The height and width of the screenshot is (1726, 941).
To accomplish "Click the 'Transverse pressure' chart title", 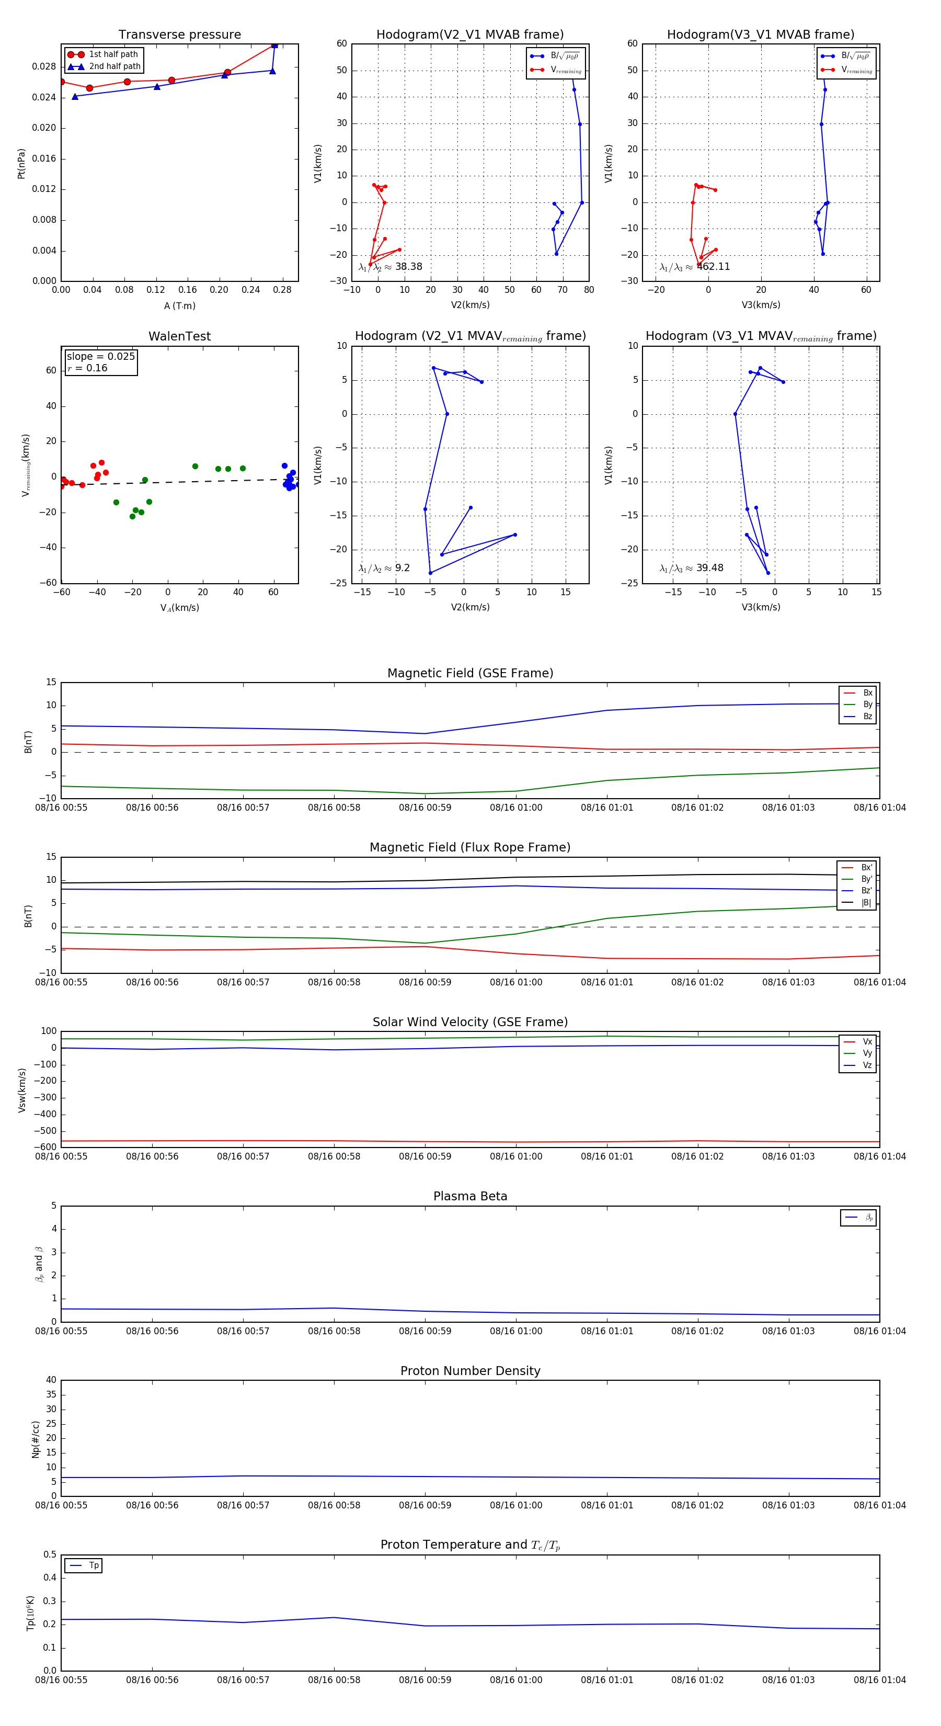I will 179,35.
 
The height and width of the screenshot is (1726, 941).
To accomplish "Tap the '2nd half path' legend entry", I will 114,66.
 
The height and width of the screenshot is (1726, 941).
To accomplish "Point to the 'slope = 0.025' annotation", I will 100,357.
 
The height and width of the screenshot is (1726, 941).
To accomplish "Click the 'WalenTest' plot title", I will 179,336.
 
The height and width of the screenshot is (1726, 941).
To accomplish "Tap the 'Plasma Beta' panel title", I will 470,1196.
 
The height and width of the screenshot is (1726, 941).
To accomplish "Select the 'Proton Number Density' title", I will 470,1371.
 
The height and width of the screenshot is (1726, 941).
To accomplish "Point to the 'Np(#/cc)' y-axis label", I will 36,1439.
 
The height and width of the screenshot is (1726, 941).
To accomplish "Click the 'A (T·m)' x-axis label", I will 179,305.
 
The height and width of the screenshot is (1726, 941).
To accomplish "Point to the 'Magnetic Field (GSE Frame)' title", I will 470,673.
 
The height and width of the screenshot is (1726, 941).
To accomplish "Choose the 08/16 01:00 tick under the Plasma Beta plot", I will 515,1331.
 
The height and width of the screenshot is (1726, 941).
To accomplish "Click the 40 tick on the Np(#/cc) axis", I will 51,1380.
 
